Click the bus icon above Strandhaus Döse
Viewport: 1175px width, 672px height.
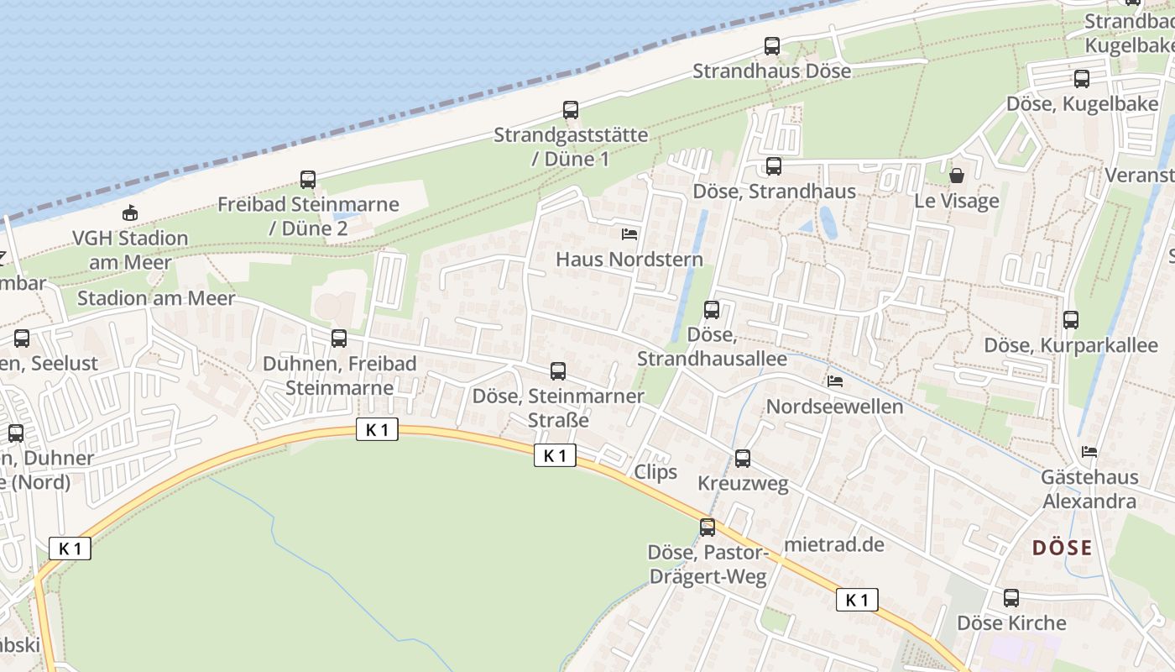click(x=772, y=46)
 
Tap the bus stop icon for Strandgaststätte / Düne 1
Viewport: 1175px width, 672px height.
click(x=571, y=110)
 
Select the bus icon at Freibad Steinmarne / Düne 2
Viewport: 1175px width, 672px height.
click(x=308, y=180)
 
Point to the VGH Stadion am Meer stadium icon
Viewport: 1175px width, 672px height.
click(x=130, y=213)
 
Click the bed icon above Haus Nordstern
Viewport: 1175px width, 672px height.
click(x=629, y=234)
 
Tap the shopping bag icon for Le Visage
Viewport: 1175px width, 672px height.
click(x=956, y=176)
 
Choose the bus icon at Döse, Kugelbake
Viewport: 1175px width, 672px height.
click(x=1082, y=80)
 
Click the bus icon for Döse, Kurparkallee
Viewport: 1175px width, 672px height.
click(x=1071, y=320)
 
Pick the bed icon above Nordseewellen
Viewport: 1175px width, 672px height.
click(x=835, y=381)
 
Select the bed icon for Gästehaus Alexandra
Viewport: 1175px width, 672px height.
click(x=1089, y=452)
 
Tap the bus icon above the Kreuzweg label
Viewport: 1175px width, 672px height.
click(x=743, y=459)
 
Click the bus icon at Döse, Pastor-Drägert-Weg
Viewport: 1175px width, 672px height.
click(x=708, y=528)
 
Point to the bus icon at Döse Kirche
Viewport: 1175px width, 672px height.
click(x=1011, y=598)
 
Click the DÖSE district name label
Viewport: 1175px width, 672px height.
click(x=1062, y=549)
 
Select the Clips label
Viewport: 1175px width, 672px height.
click(x=655, y=472)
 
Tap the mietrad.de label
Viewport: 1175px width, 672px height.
click(x=834, y=544)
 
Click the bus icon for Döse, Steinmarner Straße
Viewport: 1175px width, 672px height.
click(x=558, y=371)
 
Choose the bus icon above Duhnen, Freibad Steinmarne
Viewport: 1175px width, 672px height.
click(x=339, y=339)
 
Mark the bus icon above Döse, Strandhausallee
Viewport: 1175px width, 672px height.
click(x=712, y=310)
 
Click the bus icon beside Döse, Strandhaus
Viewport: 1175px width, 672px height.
click(x=774, y=166)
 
